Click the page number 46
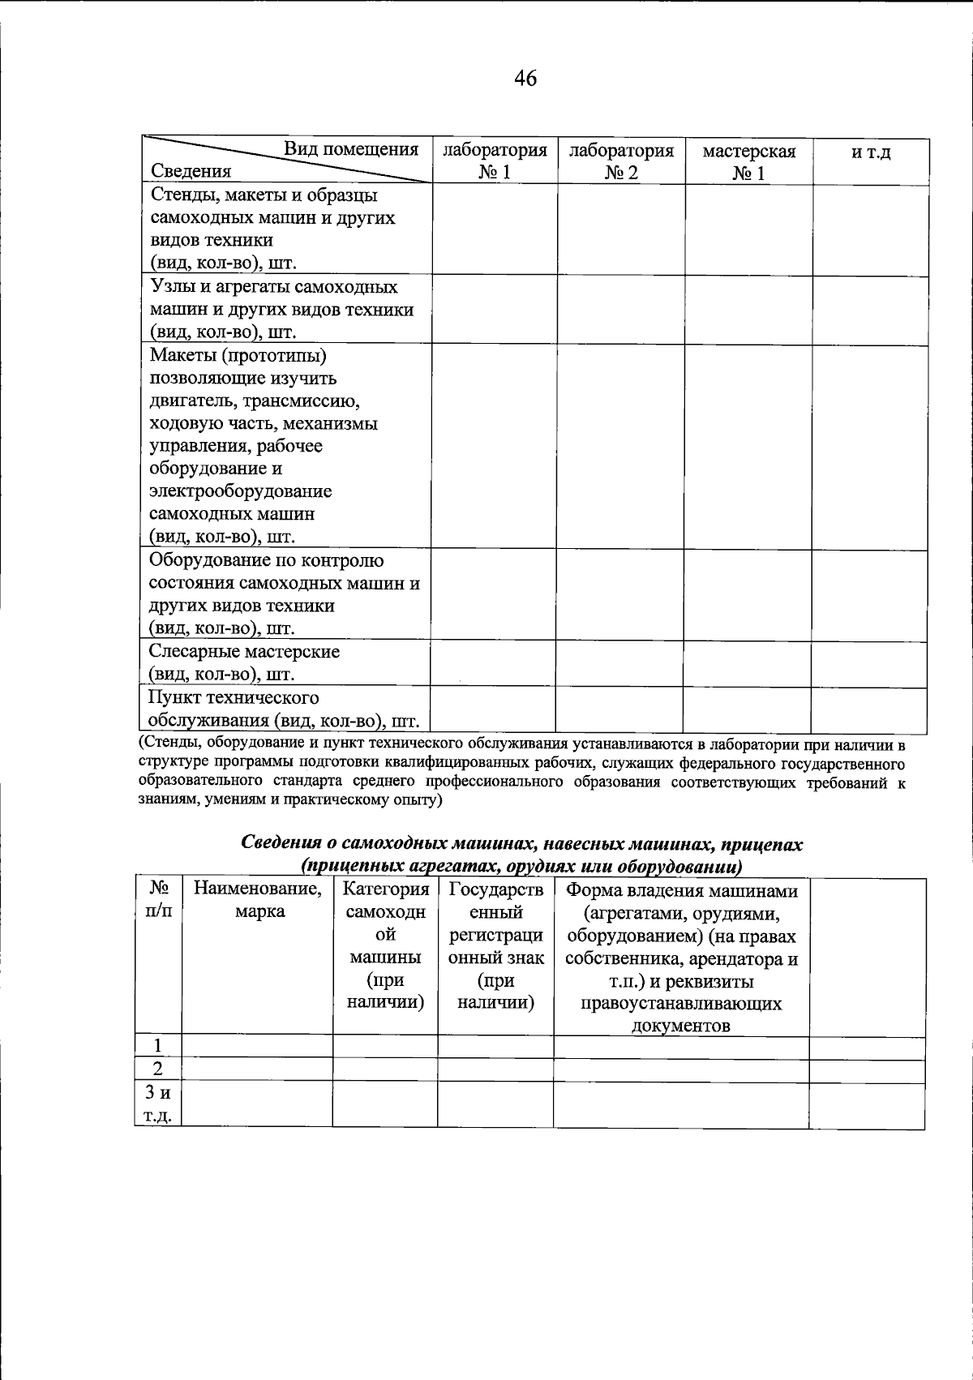[x=525, y=79]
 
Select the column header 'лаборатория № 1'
[x=494, y=161]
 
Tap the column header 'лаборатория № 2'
[x=621, y=161]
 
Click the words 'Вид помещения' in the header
[x=350, y=149]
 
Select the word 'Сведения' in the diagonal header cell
[x=191, y=171]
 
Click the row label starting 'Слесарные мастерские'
[x=243, y=662]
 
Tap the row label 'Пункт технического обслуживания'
[x=276, y=709]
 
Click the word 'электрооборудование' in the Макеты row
[x=241, y=491]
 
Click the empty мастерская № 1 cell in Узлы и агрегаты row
[x=748, y=310]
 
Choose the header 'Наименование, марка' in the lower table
[x=257, y=901]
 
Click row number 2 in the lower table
[x=158, y=1070]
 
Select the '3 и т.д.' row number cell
[x=158, y=1104]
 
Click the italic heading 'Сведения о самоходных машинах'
[x=522, y=844]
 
